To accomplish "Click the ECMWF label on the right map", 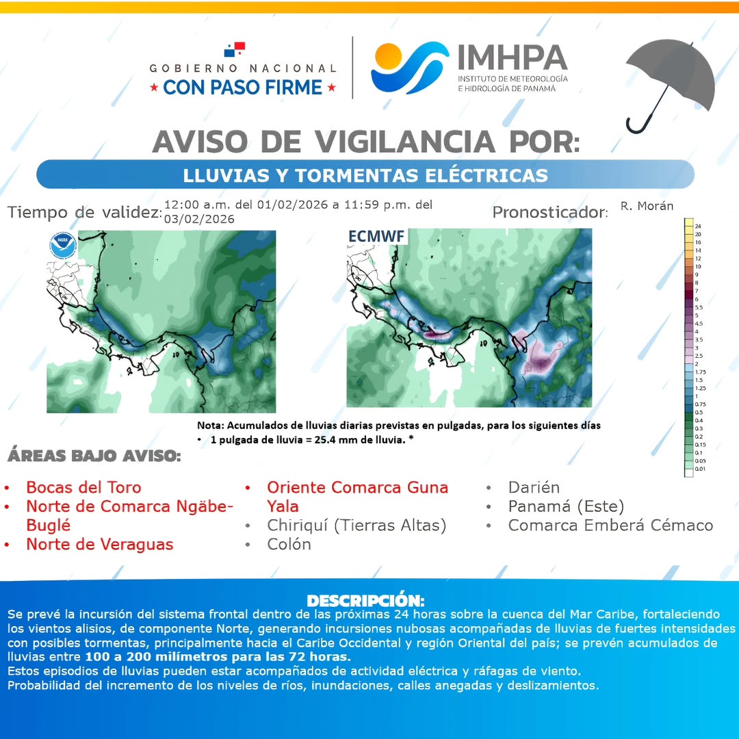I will [x=376, y=236].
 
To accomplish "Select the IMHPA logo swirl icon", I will [x=409, y=68].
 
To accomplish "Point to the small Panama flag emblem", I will [x=234, y=49].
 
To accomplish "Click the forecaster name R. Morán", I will [x=647, y=206].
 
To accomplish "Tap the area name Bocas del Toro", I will [x=83, y=487].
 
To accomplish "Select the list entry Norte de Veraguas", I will [x=99, y=544].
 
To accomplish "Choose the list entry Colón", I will [x=289, y=544].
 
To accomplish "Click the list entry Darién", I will [x=534, y=487].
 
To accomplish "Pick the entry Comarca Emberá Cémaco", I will [x=610, y=526].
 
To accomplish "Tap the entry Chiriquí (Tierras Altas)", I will [x=356, y=526].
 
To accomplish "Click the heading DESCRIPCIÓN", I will [x=365, y=601].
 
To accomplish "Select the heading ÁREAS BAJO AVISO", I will [x=94, y=456].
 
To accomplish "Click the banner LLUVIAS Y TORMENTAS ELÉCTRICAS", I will [x=365, y=175].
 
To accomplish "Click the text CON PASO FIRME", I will [x=243, y=87].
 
